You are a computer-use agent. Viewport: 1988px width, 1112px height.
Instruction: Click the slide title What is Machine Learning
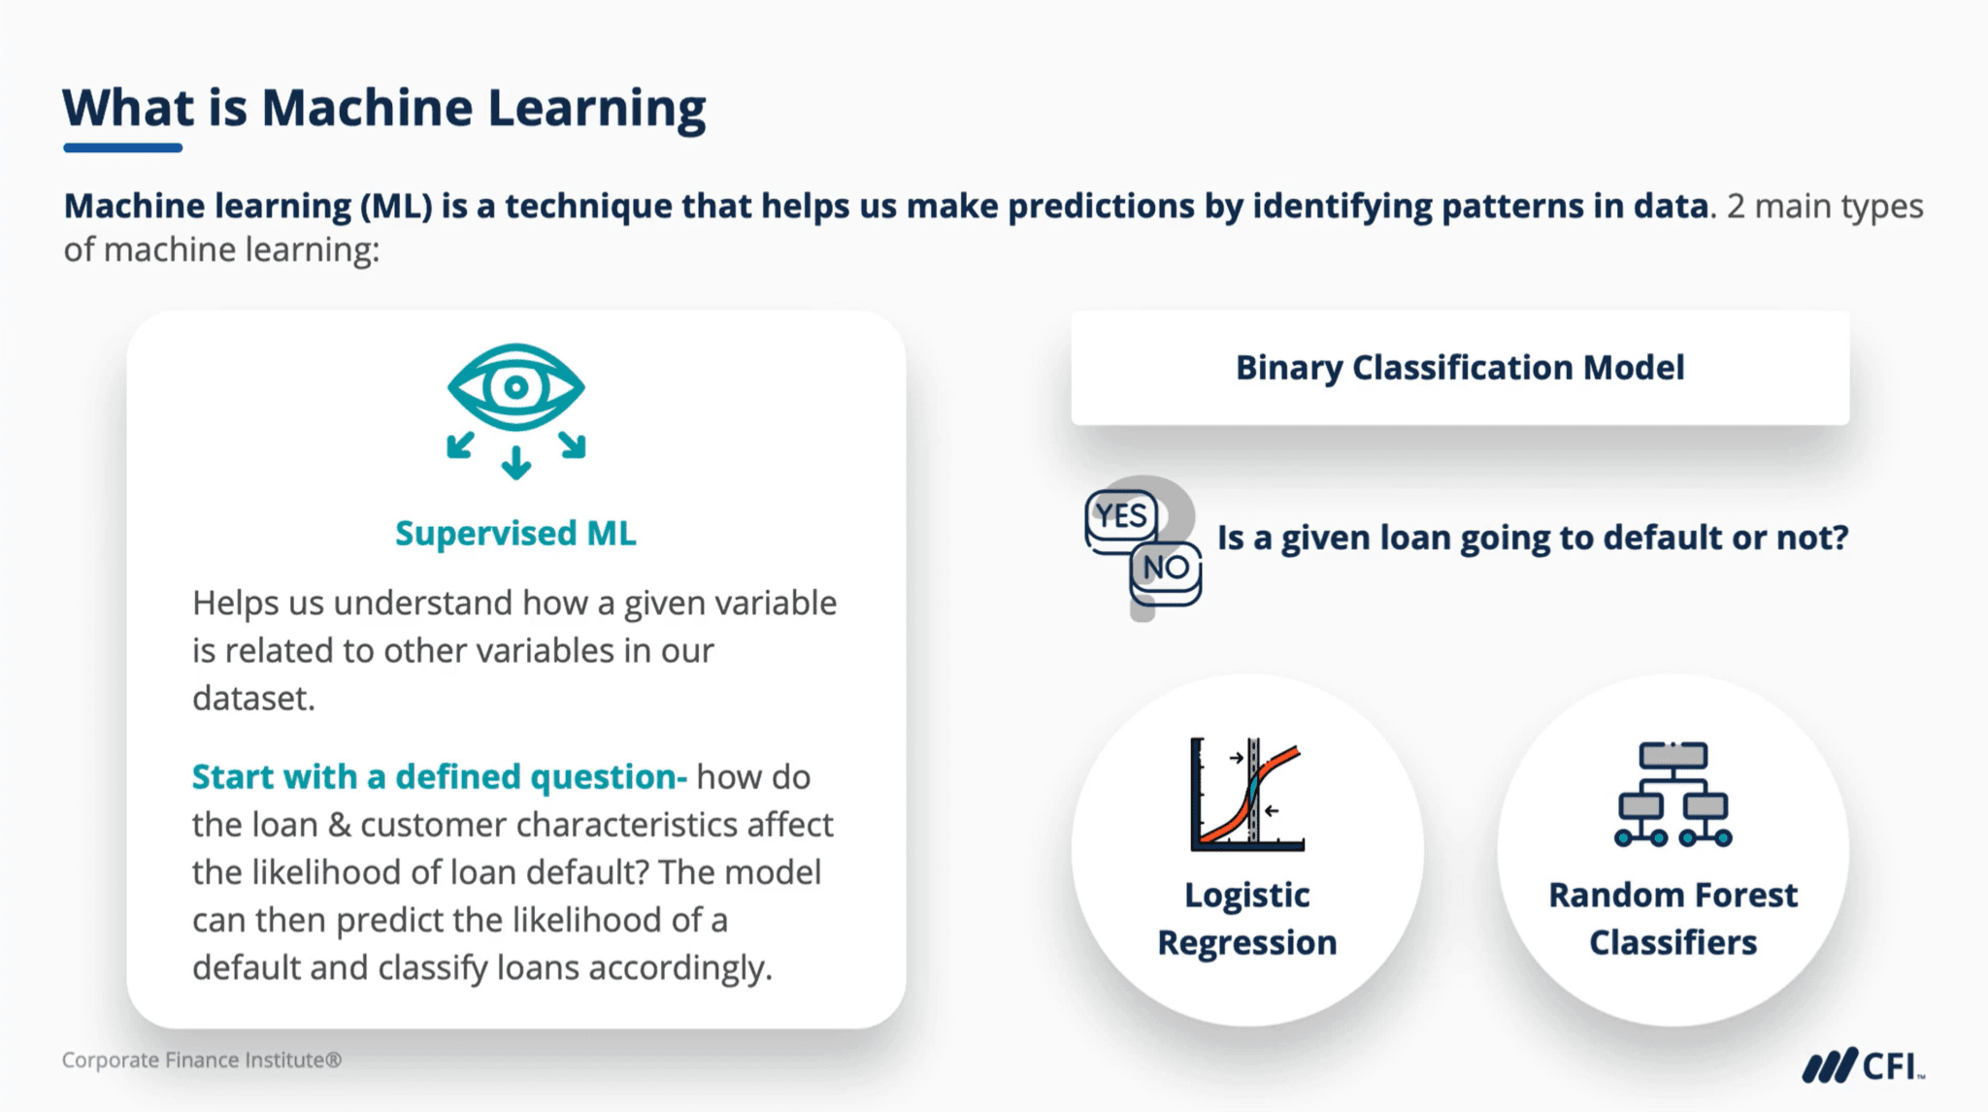coord(383,108)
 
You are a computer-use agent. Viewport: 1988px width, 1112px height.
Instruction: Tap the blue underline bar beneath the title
coord(122,147)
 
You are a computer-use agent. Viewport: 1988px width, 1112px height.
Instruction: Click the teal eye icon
coord(515,387)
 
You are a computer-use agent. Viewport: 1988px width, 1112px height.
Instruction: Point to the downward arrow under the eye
coord(515,462)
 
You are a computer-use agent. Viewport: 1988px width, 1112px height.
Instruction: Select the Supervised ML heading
coord(515,533)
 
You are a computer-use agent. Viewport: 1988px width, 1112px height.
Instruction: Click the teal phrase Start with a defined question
coord(439,776)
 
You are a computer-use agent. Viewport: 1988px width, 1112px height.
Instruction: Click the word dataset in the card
coord(252,698)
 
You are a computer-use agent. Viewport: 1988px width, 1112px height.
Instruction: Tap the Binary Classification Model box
coord(1459,368)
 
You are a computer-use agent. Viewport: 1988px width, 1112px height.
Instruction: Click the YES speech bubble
coord(1121,516)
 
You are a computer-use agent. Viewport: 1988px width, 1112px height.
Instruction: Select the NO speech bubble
coord(1165,568)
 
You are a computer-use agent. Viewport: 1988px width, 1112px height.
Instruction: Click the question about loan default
coord(1532,537)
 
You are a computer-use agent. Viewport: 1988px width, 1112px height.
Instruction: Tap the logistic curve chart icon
coord(1247,795)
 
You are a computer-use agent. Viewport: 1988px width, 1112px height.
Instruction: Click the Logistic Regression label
coord(1247,918)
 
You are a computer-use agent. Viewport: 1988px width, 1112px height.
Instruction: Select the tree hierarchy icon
coord(1673,795)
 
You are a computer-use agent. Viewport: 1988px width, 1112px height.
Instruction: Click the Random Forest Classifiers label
coord(1673,918)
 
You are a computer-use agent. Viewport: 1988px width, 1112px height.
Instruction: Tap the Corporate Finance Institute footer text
coord(202,1060)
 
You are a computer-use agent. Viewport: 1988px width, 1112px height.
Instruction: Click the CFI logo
coord(1863,1065)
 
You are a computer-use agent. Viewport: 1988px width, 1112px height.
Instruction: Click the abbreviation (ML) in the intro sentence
coord(396,206)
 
